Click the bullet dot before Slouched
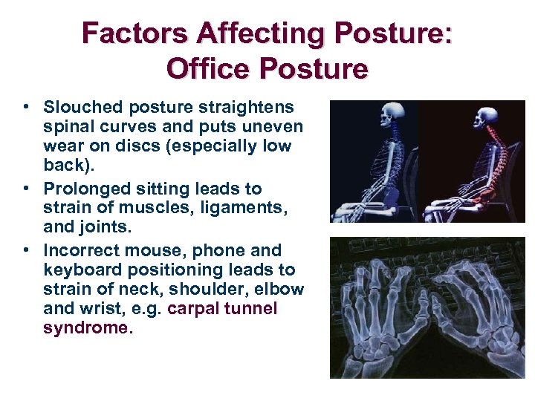26,108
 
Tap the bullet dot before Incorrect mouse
26,250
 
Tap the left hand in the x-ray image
379,312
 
